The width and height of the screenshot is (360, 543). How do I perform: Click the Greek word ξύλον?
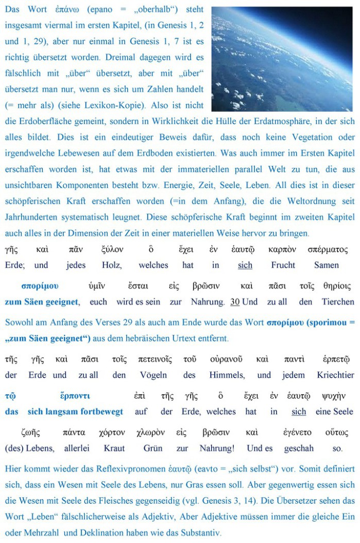tap(113, 250)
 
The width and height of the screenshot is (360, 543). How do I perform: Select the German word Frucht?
tap(283, 265)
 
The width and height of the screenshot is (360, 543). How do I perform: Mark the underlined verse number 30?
tap(235, 302)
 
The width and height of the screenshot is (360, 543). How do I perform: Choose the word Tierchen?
tap(338, 302)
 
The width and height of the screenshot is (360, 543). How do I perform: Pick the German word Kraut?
tap(114, 449)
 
